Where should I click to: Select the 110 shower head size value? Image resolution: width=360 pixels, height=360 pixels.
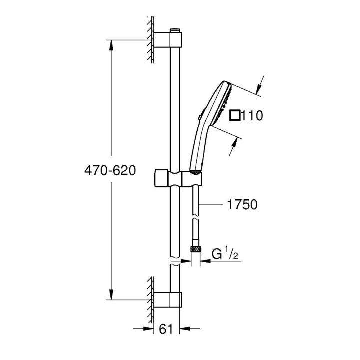tap(252, 116)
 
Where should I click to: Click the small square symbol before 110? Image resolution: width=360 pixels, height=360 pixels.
tap(235, 116)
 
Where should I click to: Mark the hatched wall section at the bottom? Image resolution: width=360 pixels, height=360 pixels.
tap(150, 298)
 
